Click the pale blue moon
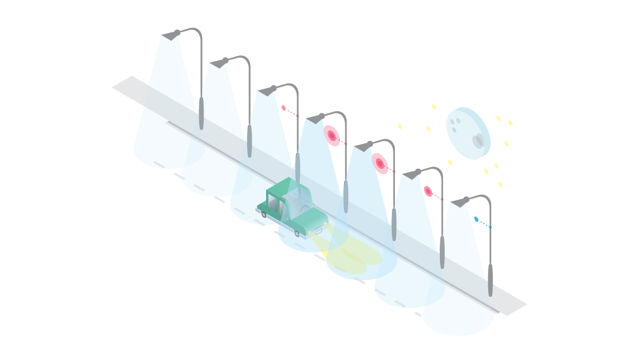point(468,133)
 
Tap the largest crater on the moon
point(479,141)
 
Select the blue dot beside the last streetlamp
point(476,219)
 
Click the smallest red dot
point(284,107)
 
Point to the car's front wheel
point(297,233)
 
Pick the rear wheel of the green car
point(264,214)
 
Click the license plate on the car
point(319,231)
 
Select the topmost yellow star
point(434,106)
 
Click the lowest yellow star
point(500,185)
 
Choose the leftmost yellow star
point(400,126)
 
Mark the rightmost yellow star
point(510,123)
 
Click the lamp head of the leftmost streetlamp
point(171,35)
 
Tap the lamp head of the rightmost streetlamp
point(460,203)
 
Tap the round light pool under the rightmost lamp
point(458,320)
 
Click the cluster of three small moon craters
point(455,124)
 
